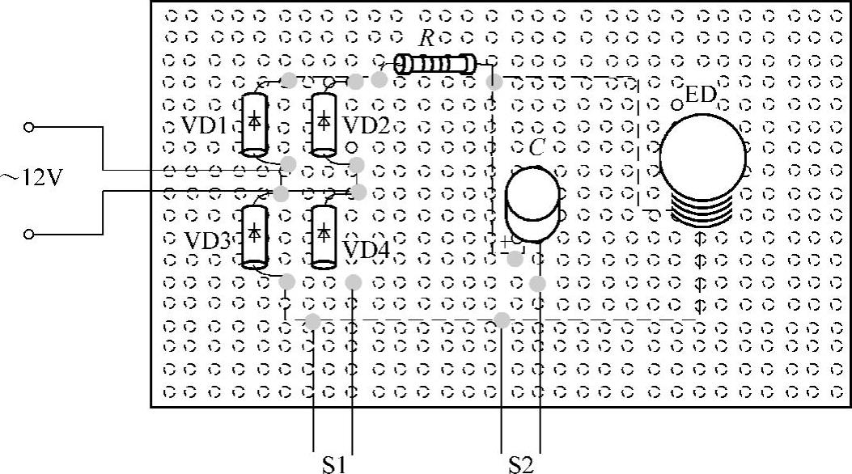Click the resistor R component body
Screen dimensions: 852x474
pos(435,64)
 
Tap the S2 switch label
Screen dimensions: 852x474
pos(521,464)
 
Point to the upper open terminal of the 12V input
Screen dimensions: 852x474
pos(29,127)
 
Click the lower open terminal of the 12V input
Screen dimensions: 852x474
pos(29,234)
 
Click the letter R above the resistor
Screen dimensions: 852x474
pos(426,38)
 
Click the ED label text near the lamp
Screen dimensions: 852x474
pos(701,95)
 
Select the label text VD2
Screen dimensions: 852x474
pos(367,125)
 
